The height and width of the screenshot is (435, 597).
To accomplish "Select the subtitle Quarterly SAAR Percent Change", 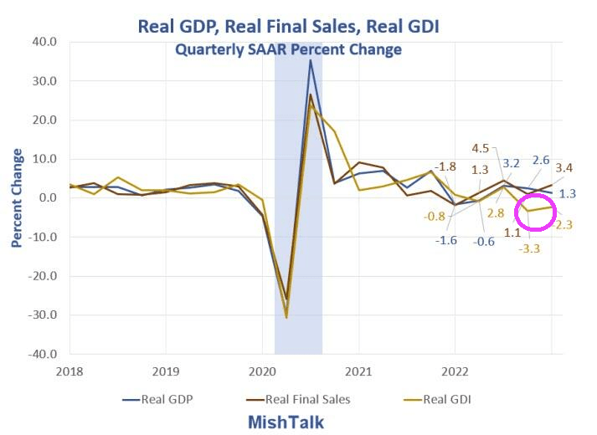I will coord(288,49).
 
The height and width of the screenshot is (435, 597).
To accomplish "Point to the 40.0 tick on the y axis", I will coord(44,42).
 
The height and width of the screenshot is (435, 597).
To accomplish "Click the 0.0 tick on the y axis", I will coord(47,198).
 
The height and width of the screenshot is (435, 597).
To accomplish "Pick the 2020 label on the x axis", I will coord(262,369).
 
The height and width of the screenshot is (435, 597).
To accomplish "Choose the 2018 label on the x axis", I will coord(69,369).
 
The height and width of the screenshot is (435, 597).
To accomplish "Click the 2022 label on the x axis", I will coord(455,369).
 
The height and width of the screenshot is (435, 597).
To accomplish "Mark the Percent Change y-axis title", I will coord(18,198).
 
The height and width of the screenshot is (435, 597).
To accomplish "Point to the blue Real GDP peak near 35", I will coord(311,60).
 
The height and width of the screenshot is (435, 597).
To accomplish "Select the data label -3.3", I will coord(529,248).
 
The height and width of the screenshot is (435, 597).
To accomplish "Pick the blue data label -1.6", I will coord(446,240).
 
